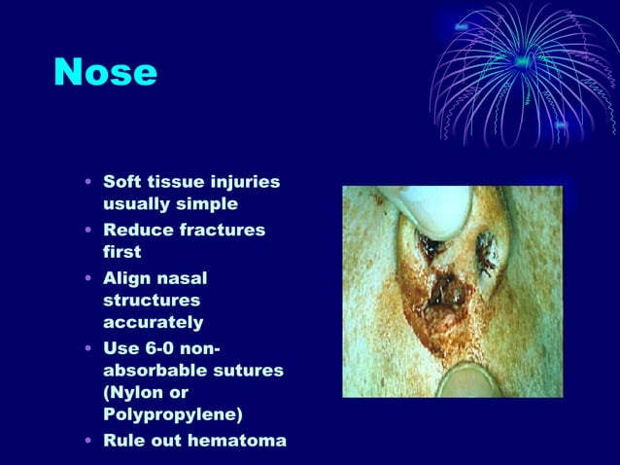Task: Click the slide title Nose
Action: (x=105, y=72)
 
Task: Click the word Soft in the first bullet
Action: (x=123, y=183)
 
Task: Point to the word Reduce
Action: (x=136, y=230)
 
